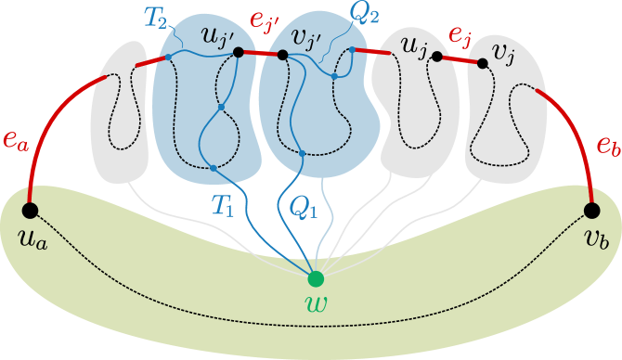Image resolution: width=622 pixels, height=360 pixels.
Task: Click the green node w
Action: (x=316, y=278)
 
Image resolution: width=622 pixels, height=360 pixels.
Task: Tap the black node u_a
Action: (x=30, y=209)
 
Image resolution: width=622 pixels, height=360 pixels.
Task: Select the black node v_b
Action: (x=591, y=210)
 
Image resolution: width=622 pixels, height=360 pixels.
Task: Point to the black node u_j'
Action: (x=239, y=52)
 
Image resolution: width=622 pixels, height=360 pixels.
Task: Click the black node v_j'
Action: (x=281, y=56)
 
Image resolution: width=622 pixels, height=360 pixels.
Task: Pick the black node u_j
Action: (x=436, y=56)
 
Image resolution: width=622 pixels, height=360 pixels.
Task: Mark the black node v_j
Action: (x=482, y=63)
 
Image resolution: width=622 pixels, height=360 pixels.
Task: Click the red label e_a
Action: (x=15, y=141)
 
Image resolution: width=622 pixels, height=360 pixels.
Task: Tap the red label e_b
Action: (x=607, y=146)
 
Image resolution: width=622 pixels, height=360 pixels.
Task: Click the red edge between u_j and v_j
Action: (x=460, y=59)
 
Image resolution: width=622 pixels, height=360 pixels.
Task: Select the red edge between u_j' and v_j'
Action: (x=260, y=54)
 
